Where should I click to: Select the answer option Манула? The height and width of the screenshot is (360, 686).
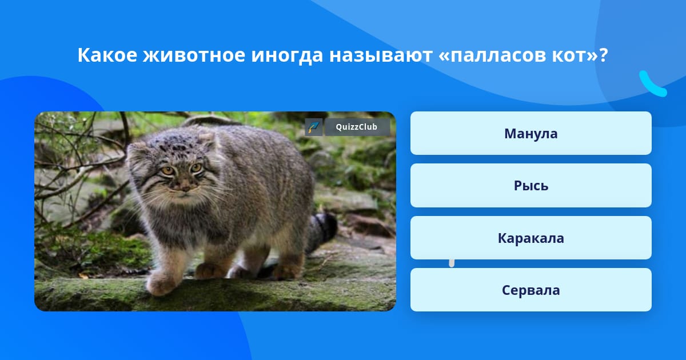click(x=531, y=133)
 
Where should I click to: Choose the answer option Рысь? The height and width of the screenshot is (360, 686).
click(x=531, y=186)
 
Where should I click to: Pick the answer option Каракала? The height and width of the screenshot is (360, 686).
click(x=531, y=238)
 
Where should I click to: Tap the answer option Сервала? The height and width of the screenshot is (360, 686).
click(x=531, y=290)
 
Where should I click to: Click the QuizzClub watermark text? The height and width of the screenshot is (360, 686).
click(x=357, y=127)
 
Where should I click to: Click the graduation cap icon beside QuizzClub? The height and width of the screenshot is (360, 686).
click(x=314, y=127)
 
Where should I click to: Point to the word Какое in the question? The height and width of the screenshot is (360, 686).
click(x=107, y=55)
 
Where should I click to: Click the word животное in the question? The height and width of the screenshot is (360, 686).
click(x=194, y=55)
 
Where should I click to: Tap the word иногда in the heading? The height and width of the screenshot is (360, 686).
click(x=287, y=56)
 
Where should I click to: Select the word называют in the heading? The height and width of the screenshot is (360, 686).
click(x=381, y=55)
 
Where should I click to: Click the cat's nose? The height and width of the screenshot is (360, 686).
click(x=185, y=185)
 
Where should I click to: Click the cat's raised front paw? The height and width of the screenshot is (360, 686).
click(x=159, y=283)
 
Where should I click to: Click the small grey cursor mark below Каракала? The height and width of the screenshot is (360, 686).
click(x=452, y=263)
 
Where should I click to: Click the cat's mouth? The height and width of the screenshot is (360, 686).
click(x=185, y=194)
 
